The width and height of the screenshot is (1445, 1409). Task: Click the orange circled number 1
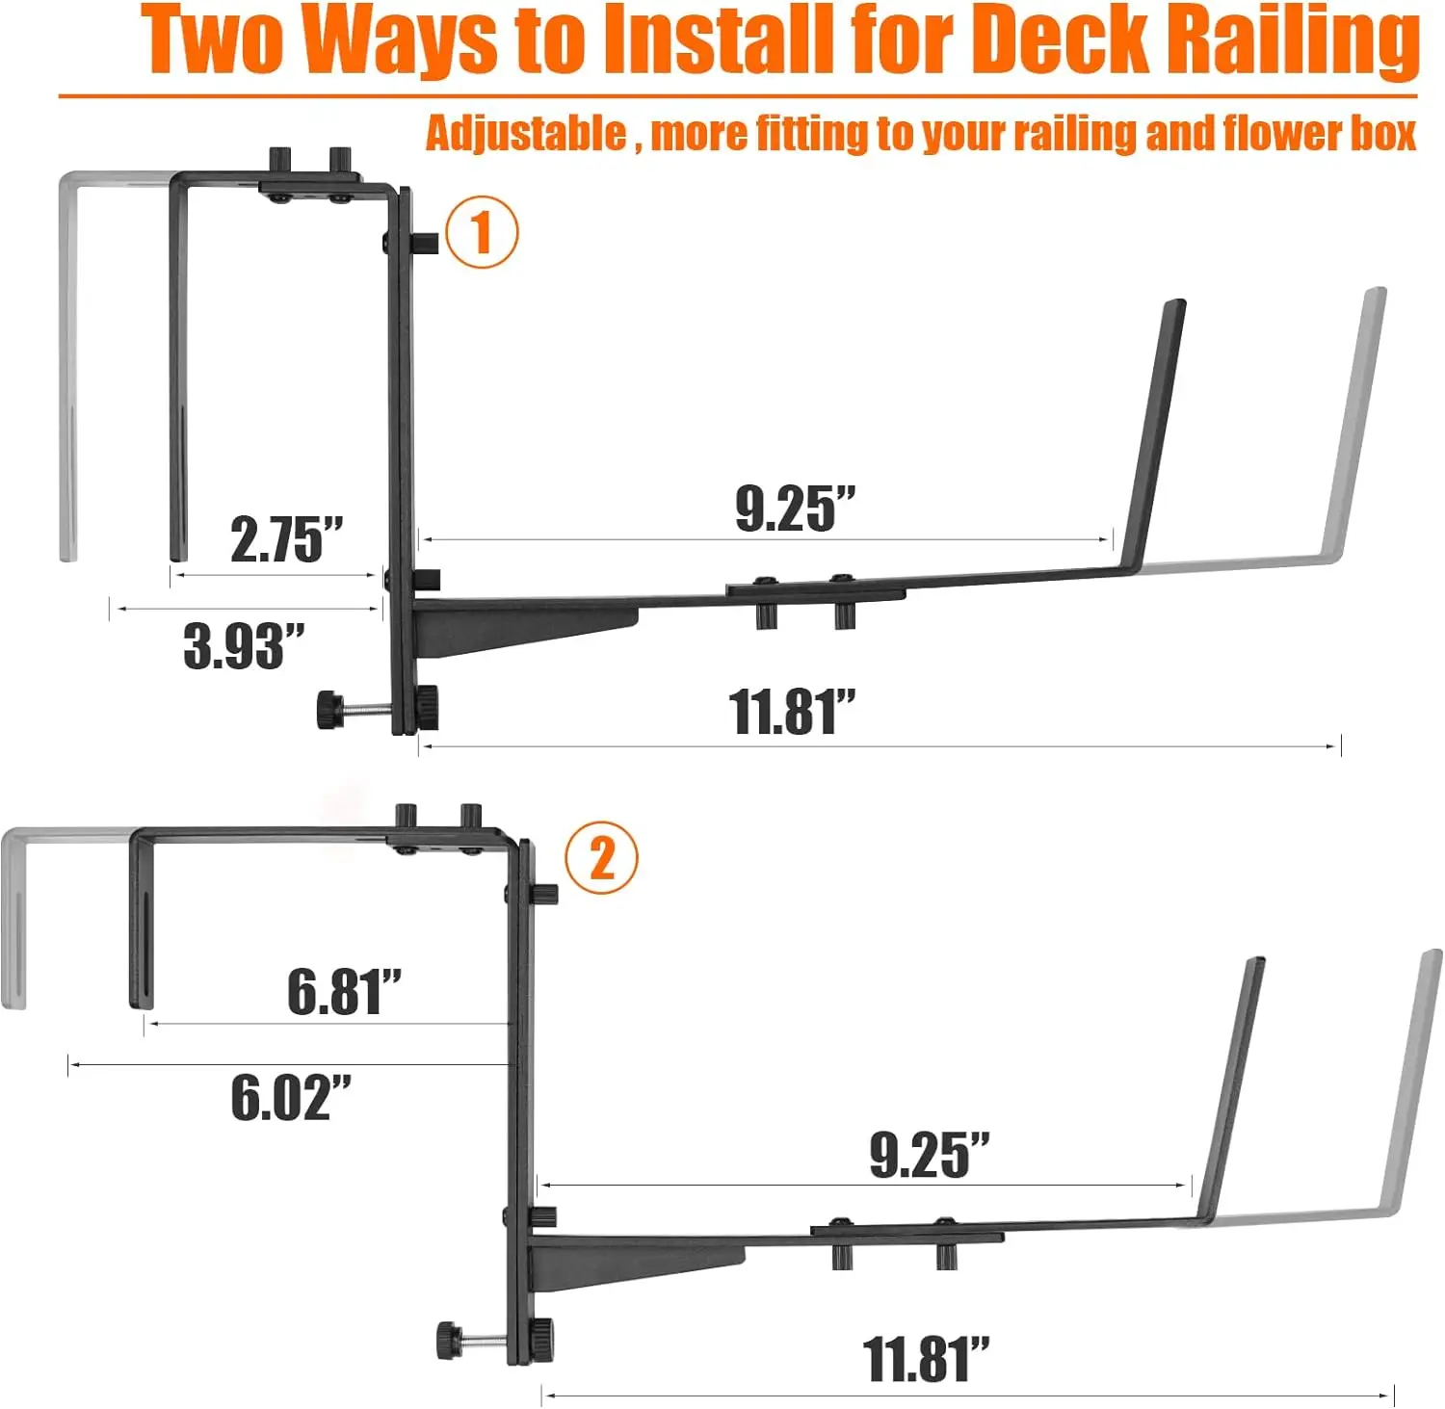coord(482,232)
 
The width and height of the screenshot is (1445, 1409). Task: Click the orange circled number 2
coord(601,857)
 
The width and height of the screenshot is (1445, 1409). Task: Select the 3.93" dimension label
coord(244,645)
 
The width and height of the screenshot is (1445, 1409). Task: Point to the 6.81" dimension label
coord(344,991)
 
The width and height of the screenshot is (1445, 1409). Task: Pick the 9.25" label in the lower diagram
coord(929,1155)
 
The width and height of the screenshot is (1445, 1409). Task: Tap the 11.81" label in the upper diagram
coord(792,712)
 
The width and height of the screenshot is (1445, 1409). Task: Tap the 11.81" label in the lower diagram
coord(926,1359)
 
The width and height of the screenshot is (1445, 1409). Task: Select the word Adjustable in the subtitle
coord(526,133)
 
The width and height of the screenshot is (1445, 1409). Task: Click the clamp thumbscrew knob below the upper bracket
coord(330,710)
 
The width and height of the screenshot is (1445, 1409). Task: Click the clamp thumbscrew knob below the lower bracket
coord(450,1340)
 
